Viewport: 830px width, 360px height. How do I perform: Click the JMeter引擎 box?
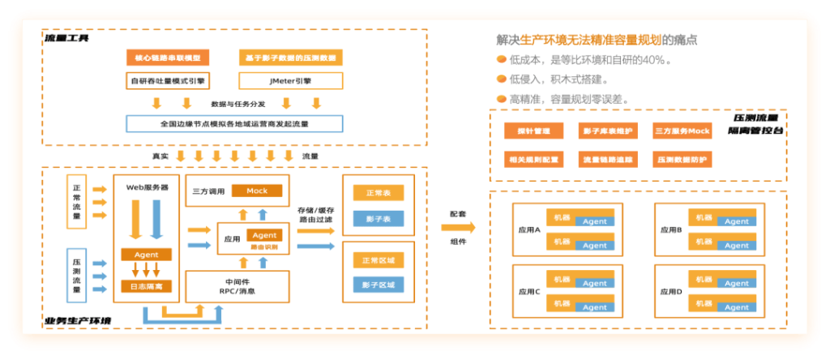(x=291, y=81)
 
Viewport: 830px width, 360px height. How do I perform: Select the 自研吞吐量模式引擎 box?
(x=168, y=81)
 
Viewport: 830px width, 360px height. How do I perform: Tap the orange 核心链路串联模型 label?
(x=168, y=58)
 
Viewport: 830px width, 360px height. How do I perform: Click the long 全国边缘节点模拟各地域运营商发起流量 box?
(x=234, y=124)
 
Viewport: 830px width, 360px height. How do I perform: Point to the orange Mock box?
(x=257, y=191)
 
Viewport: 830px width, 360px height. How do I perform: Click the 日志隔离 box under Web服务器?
(x=146, y=286)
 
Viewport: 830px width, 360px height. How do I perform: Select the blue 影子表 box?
(x=379, y=220)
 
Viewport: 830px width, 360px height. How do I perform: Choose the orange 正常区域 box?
(x=379, y=260)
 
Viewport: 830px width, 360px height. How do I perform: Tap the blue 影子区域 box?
(x=379, y=285)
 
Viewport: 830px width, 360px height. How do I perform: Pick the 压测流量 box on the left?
(x=76, y=274)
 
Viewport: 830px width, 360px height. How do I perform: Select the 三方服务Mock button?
(x=682, y=131)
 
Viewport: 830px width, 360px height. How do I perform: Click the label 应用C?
(x=528, y=292)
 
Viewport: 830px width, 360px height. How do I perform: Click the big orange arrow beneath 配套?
(x=458, y=228)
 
